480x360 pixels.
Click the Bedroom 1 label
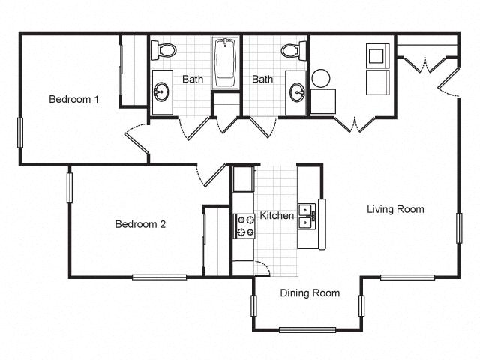[x=74, y=99]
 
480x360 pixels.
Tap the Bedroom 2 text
[x=140, y=224]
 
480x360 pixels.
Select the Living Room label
[x=395, y=209]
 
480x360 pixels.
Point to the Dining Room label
[x=310, y=293]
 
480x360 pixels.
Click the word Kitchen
[x=277, y=216]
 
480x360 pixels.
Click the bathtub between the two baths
[x=226, y=64]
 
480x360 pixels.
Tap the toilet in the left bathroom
[x=163, y=50]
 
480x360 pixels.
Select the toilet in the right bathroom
[x=293, y=50]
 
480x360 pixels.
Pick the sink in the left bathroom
[x=161, y=92]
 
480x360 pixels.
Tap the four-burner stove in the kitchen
[x=245, y=226]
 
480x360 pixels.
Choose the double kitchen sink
[x=306, y=217]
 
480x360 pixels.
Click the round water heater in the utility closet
[x=321, y=78]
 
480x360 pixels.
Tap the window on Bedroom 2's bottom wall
[x=159, y=277]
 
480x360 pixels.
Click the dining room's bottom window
[x=307, y=330]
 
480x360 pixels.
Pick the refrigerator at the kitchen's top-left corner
[x=242, y=179]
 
